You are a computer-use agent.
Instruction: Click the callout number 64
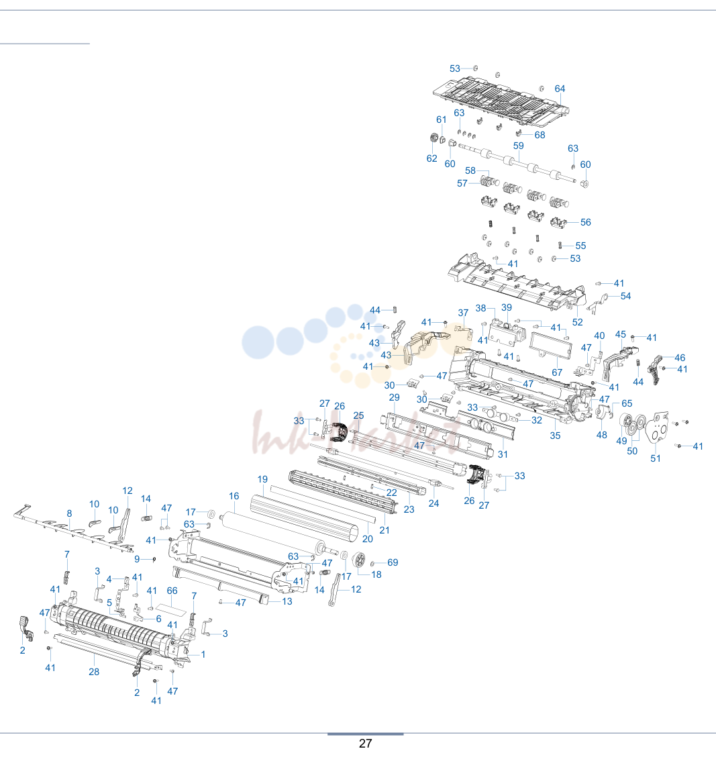point(560,89)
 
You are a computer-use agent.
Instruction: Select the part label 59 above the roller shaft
point(518,146)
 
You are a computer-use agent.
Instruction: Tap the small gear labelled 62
point(433,138)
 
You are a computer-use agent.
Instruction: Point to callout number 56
point(585,222)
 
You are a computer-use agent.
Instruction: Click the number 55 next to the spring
point(580,246)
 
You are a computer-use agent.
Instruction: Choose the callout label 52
point(578,322)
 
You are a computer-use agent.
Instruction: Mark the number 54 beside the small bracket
point(625,296)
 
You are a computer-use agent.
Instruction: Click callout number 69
point(393,562)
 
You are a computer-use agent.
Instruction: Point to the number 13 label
point(287,601)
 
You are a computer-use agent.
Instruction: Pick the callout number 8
point(70,513)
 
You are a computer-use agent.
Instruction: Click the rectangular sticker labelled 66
point(172,609)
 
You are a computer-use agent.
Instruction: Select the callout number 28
point(94,672)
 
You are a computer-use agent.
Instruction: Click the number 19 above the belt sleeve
point(262,479)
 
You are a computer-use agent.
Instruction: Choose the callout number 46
point(680,358)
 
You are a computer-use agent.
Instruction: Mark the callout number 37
point(463,313)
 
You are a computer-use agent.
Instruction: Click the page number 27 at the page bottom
point(366,744)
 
